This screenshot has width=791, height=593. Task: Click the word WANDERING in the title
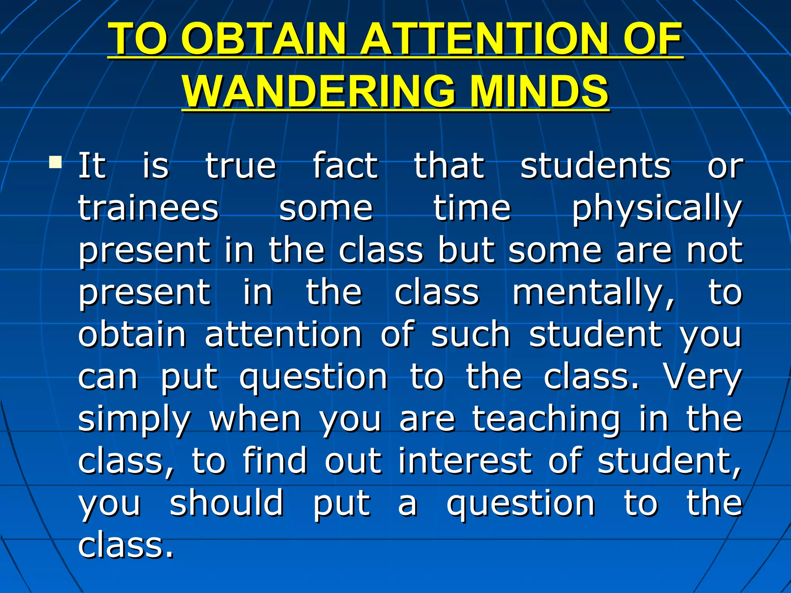click(319, 91)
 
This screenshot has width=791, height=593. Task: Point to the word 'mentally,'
click(594, 293)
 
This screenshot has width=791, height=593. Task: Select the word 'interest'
click(465, 461)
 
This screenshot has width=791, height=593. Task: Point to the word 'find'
click(275, 461)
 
